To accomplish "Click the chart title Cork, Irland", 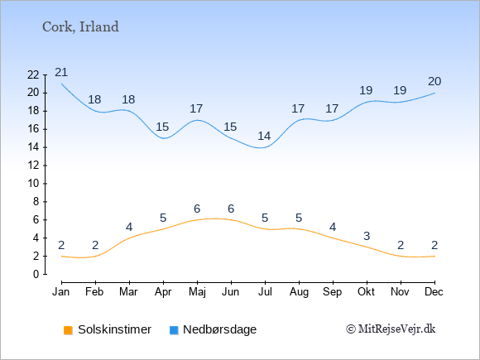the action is coord(80,27).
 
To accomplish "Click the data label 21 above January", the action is coord(61,73).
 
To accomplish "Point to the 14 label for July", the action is coord(264,136).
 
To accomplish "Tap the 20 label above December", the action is coord(434,81).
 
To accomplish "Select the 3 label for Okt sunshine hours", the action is coord(367,236).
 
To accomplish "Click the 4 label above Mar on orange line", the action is coord(129,227).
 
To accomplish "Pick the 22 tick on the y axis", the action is coord(33,74).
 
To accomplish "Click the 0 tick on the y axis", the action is coord(36,274).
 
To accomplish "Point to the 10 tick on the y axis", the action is coord(33,184).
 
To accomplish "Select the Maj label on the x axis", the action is coord(197,292).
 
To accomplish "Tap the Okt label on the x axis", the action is coord(366,292).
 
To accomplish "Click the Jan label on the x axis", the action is coord(61,292).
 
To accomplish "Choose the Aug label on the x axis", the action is coord(299,292).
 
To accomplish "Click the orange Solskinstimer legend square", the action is coord(68,330).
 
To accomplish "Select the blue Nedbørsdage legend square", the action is coord(174,330).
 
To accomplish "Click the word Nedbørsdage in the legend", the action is coord(220,329).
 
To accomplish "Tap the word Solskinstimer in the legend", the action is coord(114,329).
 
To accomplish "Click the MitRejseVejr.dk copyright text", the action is coord(391,329).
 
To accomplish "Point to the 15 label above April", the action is coord(162,127).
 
